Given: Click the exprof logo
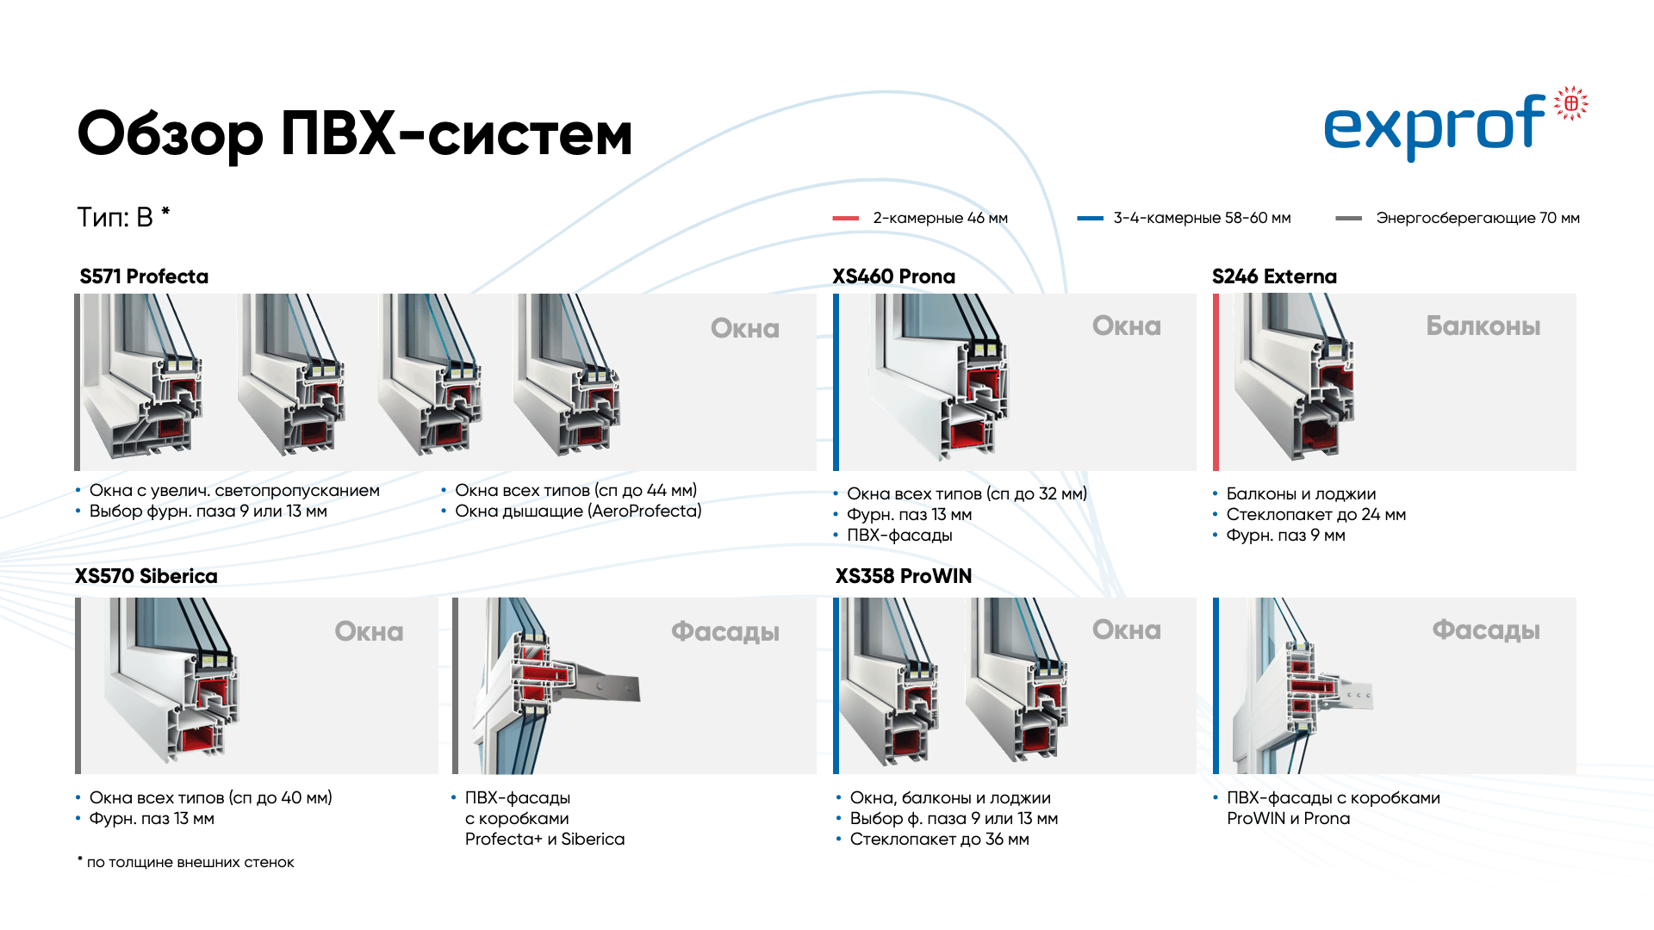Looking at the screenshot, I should coord(1454,126).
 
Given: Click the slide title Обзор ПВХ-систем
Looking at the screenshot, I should coord(355,134).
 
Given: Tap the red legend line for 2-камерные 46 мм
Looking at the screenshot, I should coord(845,219).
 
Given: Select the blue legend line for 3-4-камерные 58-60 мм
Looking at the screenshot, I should coord(1090,219).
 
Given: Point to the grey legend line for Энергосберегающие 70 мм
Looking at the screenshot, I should coord(1348,219).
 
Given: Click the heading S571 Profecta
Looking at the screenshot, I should coord(144,276).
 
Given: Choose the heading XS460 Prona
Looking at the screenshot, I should coord(893,276).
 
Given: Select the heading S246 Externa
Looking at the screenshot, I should coord(1274,276).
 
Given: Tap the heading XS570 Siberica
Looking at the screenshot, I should coord(146,576).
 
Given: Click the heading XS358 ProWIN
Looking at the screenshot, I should coord(903,576).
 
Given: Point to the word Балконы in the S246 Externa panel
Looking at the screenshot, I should coord(1483,326).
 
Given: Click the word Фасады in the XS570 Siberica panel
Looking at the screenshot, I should coord(724,631).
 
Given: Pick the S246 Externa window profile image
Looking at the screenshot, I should coord(1294,379).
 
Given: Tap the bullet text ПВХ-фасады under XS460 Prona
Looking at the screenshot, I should coord(899,536).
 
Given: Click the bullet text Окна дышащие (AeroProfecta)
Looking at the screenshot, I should coord(578,512).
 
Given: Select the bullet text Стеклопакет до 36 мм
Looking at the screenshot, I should coord(939,840).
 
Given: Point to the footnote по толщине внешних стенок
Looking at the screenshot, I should coord(190,863).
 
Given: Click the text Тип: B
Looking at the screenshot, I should coord(115,217).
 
